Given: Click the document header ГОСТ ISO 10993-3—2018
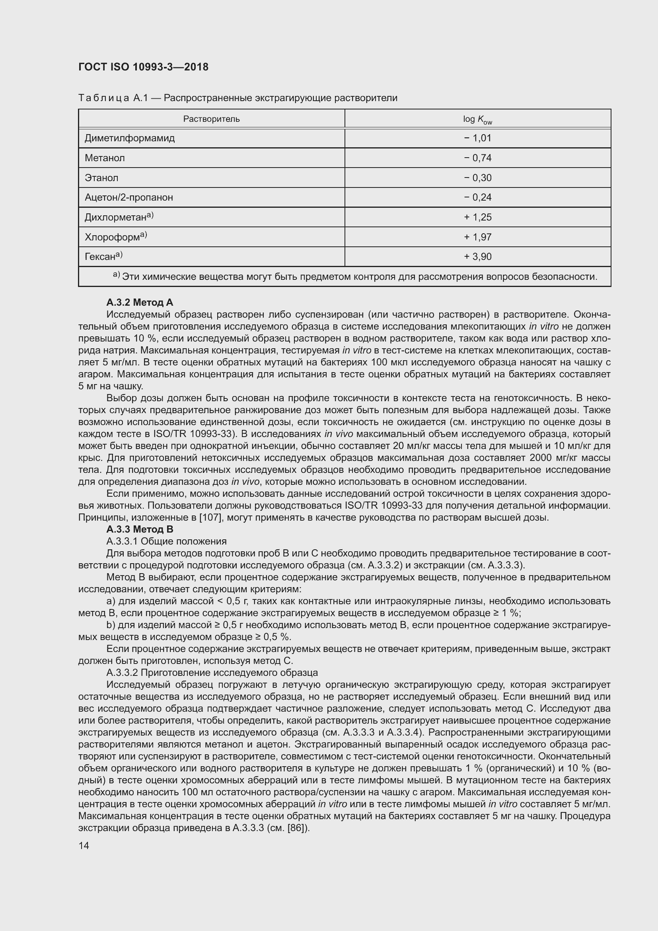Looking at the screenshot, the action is [x=143, y=67].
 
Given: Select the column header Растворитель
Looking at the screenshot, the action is [x=211, y=119].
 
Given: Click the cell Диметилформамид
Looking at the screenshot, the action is [x=130, y=138].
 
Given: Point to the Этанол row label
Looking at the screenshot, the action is [x=101, y=178].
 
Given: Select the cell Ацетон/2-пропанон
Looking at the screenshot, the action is [x=128, y=197].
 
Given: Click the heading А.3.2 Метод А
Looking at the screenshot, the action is [x=139, y=303].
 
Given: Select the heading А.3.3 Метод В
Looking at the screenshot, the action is [x=139, y=529].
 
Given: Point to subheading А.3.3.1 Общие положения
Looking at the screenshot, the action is [x=166, y=541].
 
